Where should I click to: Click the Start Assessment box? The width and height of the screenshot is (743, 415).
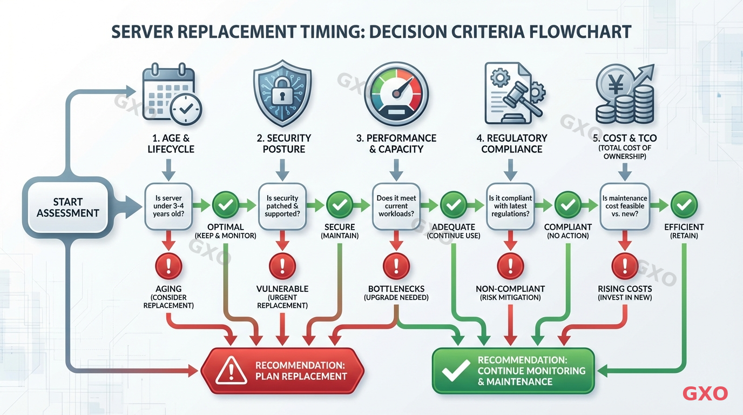pos(68,207)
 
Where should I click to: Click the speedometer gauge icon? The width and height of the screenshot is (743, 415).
pos(396,93)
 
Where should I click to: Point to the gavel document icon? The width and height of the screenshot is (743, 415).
pos(510,93)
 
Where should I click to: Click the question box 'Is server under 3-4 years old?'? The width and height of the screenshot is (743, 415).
pos(168,206)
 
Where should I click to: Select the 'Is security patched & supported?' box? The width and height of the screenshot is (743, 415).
pos(282,206)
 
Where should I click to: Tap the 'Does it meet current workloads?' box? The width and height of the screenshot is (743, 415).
pos(396,206)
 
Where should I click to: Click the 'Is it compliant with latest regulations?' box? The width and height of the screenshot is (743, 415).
pos(510,206)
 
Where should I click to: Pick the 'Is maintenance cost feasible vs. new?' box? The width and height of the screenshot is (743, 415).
pos(624,206)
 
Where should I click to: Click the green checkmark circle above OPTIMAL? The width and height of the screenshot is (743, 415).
pos(226,205)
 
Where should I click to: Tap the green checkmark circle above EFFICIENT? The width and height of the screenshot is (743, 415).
pos(684,205)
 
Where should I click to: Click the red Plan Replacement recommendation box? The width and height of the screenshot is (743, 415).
pos(282,370)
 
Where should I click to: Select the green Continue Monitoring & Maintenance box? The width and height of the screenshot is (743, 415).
pos(513,371)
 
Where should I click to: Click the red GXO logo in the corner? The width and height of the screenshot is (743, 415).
pos(705,393)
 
